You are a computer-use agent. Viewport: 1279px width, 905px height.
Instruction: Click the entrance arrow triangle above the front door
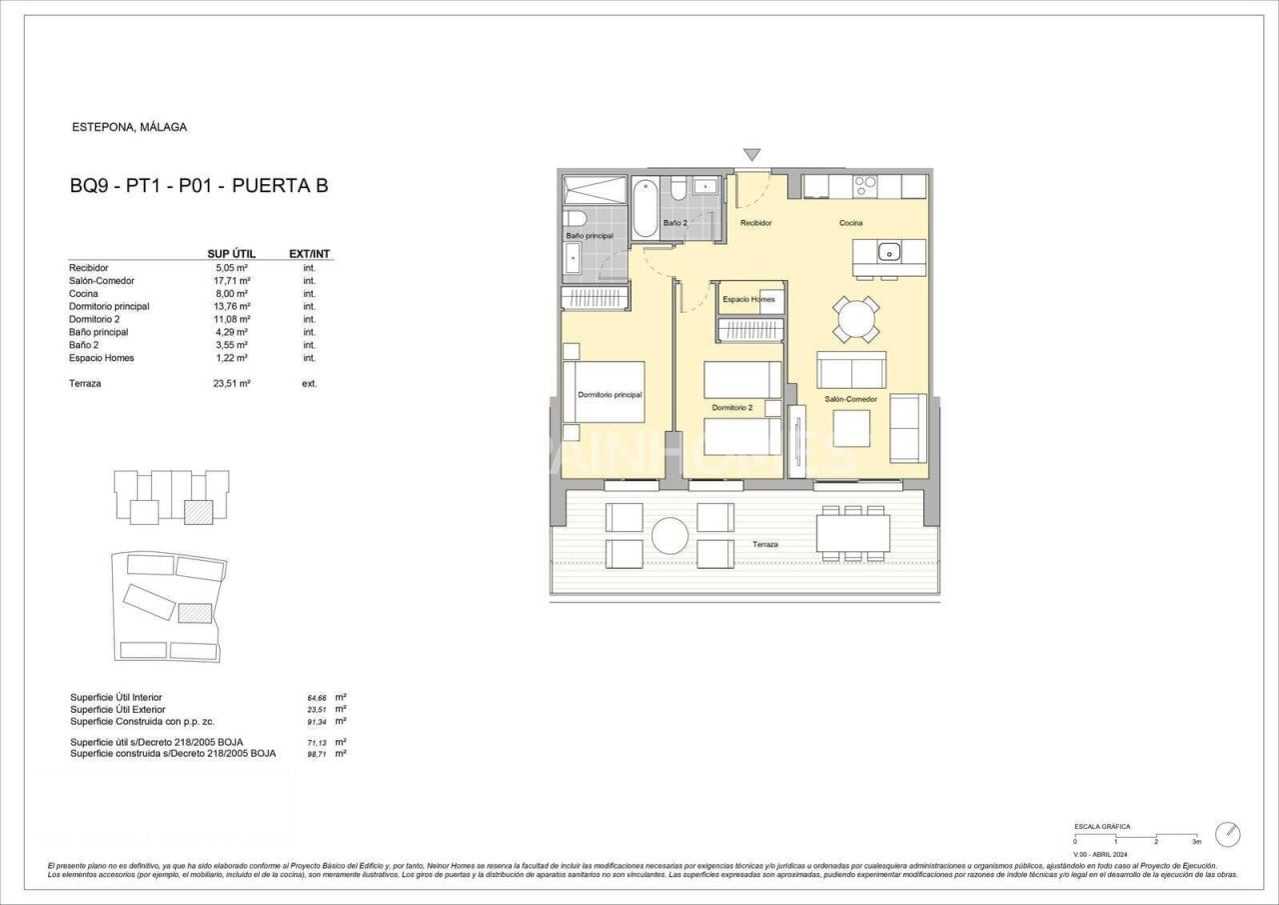[751, 155]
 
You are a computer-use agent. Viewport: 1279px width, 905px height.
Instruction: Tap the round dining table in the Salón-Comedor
[857, 320]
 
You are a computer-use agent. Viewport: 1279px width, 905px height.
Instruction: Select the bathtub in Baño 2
[645, 206]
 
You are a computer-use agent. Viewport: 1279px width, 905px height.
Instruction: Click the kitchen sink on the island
[889, 252]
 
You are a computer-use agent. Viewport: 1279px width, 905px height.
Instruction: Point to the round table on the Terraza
[670, 535]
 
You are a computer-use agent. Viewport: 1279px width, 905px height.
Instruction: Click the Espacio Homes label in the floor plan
[748, 299]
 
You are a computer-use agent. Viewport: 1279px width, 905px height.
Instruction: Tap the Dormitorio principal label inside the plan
[610, 395]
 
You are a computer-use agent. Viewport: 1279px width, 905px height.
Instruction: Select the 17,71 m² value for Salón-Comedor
[231, 281]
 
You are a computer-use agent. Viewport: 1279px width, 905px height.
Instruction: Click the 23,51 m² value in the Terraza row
[231, 383]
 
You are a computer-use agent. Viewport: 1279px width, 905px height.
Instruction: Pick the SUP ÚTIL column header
[231, 254]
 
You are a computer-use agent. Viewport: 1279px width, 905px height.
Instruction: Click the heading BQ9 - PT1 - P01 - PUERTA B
[199, 185]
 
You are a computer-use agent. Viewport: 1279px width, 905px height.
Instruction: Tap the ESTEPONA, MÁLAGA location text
[130, 127]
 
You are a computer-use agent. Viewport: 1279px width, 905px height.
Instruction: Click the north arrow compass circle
[1228, 834]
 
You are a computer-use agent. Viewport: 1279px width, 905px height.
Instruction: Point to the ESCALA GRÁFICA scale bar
[1136, 835]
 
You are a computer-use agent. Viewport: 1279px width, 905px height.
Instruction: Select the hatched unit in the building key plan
[200, 511]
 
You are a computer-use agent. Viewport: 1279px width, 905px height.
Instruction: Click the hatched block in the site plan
[195, 612]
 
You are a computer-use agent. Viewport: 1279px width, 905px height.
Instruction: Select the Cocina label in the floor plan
[850, 223]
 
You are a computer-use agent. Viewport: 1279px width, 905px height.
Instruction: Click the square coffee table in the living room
[851, 428]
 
